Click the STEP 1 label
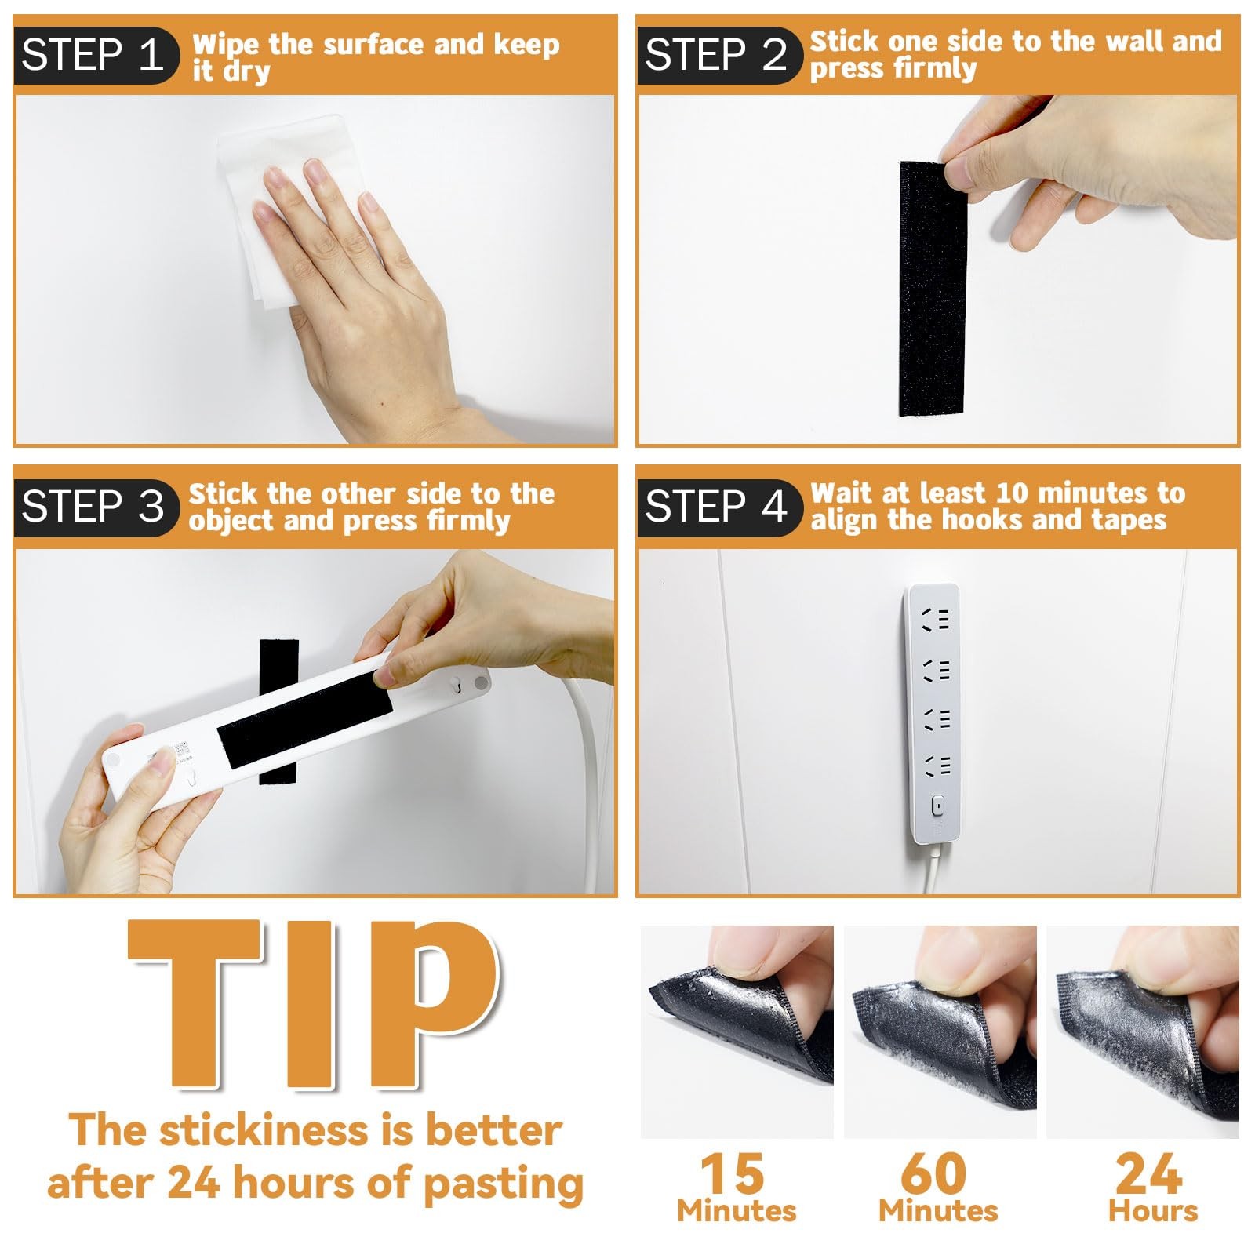click(x=93, y=55)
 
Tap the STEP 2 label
click(x=716, y=55)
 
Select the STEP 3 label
click(x=93, y=506)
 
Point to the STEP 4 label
click(x=716, y=506)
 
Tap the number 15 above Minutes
click(x=733, y=1173)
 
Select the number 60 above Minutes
click(x=933, y=1173)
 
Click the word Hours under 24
click(x=1153, y=1211)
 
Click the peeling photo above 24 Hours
click(x=1143, y=1032)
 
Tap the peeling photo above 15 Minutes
click(x=737, y=1032)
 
